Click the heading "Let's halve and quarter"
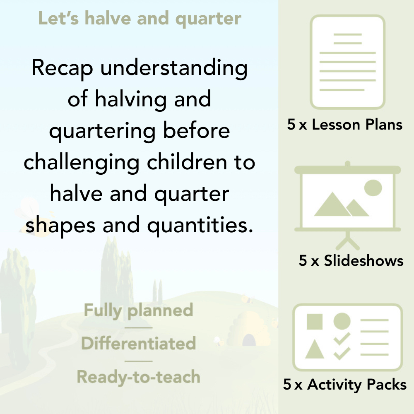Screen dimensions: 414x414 pos(140,19)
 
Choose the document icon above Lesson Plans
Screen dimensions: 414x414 pos(348,62)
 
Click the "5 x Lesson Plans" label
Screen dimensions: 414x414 pos(345,125)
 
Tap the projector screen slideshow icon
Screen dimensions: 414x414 pos(348,199)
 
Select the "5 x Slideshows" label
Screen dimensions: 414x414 pos(351,260)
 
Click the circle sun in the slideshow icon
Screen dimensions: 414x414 pos(373,188)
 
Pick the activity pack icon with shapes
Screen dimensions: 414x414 pos(348,337)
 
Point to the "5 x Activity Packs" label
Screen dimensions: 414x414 pos(345,385)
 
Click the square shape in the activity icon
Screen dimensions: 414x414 pos(315,322)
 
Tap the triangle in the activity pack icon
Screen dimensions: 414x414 pos(314,350)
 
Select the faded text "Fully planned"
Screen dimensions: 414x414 pos(138,310)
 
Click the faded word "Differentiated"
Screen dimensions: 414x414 pos(138,344)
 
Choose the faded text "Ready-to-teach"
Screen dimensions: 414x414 pos(138,377)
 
